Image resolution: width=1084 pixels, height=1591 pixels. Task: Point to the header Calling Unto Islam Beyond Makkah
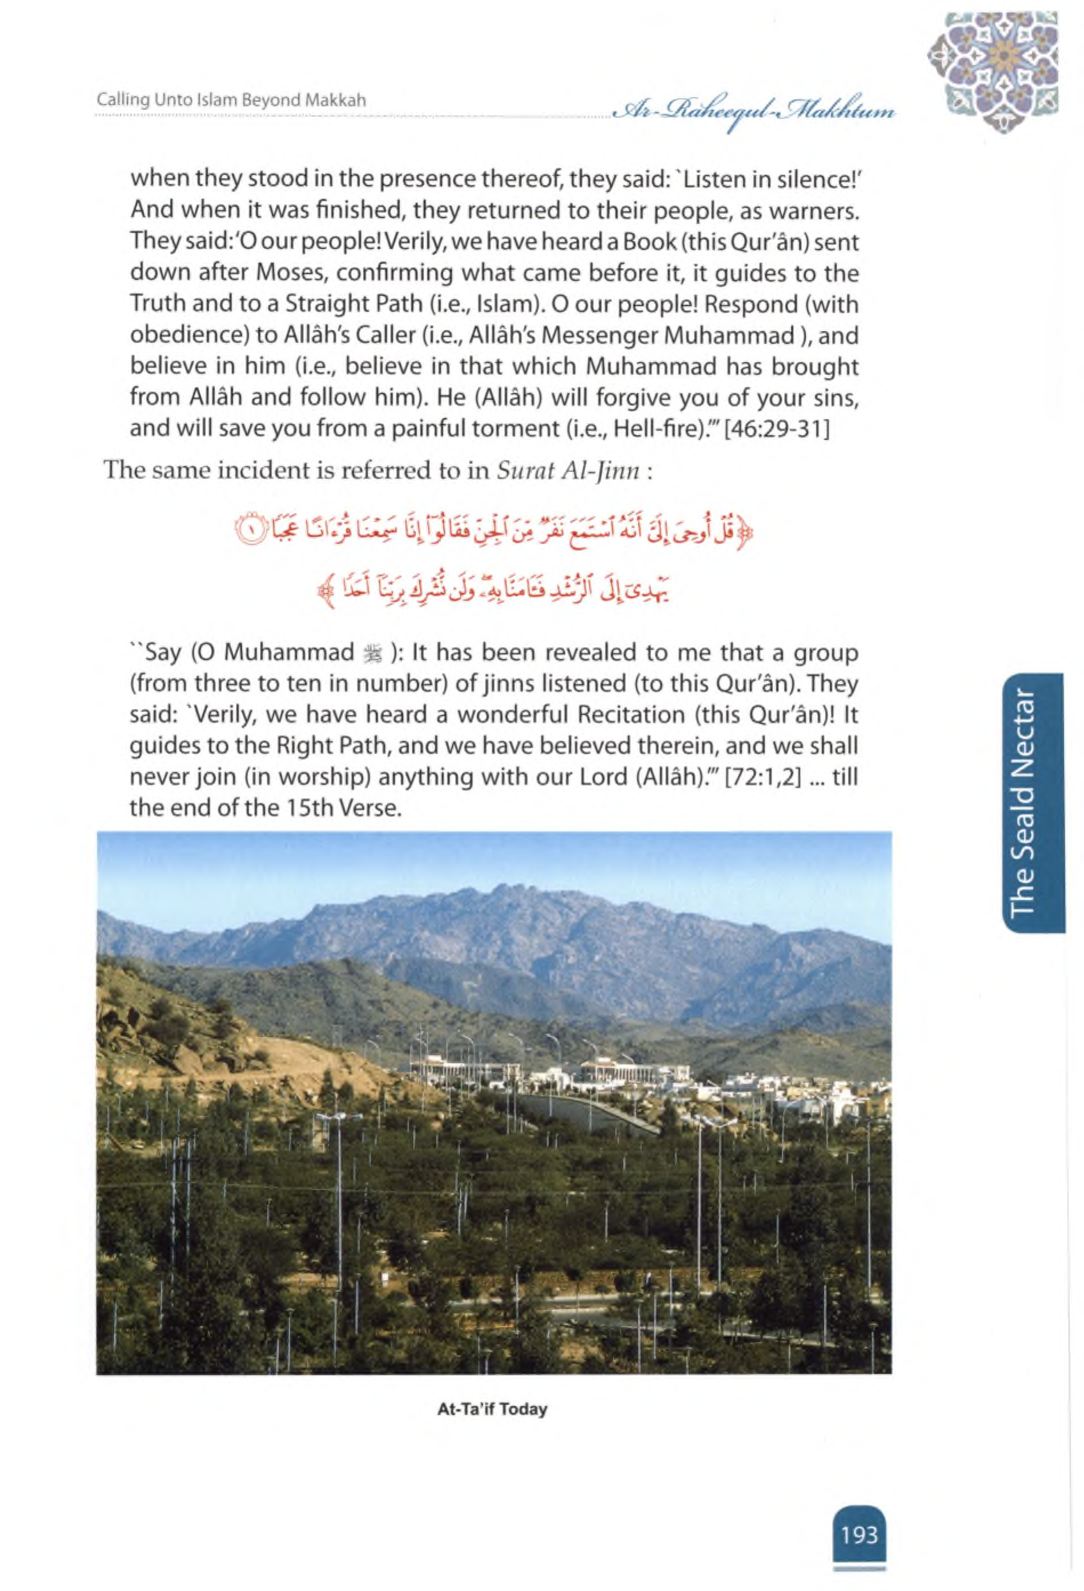(x=231, y=100)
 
